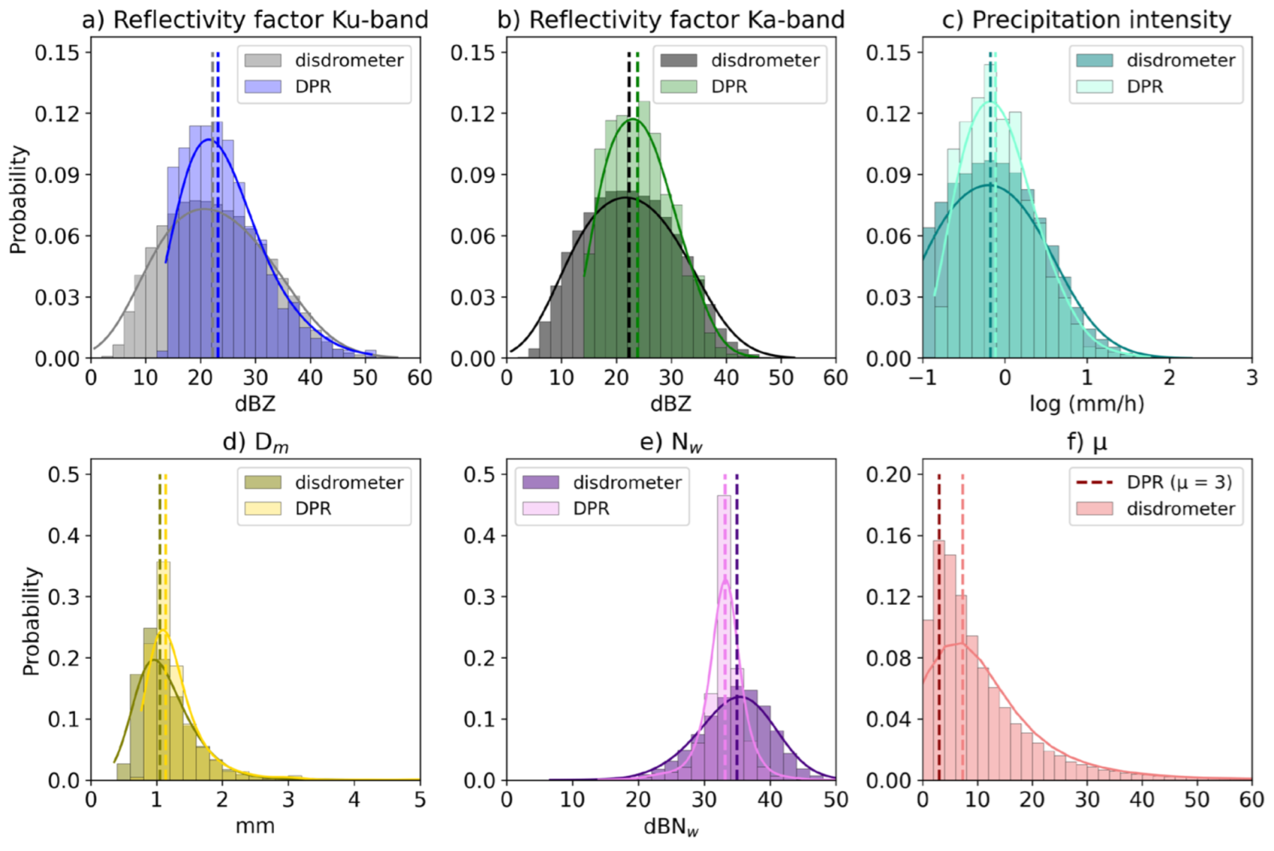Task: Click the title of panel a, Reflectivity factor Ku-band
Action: pos(255,20)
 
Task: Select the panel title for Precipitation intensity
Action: pos(1087,20)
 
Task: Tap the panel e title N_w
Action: pos(670,442)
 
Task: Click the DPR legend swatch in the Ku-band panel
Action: pos(263,87)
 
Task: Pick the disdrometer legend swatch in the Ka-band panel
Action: pos(679,60)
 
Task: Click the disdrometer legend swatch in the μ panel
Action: pos(1094,509)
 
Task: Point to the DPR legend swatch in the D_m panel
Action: pos(263,509)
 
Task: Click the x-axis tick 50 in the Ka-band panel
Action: pos(781,377)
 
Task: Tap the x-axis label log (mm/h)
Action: pos(1087,404)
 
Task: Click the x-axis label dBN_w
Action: pos(670,827)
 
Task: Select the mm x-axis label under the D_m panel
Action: pos(255,826)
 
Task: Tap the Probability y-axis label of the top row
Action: pos(18,200)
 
